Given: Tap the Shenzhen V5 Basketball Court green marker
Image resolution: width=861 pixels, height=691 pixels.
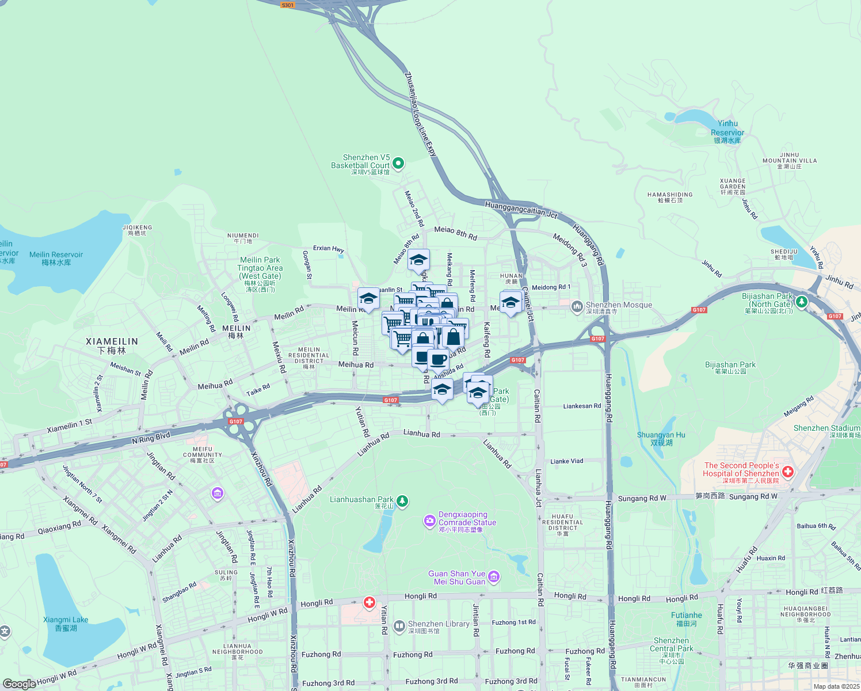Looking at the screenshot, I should coord(397,163).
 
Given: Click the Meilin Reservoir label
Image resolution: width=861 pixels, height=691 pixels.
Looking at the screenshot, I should coord(56,258).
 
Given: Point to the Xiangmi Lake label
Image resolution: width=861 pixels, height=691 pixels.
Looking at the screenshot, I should coord(66,624).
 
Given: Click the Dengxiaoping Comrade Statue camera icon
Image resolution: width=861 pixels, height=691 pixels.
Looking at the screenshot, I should coord(430,521).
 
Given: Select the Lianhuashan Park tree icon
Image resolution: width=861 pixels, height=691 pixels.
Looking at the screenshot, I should coord(402,501).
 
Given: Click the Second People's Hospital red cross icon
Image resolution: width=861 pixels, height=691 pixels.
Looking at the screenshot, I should coord(788,472).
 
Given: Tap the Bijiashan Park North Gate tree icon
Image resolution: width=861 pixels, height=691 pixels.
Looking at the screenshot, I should coord(801,301).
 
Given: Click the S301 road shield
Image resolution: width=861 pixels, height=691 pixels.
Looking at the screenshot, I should coord(287,5).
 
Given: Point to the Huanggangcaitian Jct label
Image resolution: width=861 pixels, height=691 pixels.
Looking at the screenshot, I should coord(521,209).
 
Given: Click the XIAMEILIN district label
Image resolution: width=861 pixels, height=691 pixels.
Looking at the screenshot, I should coord(112,345).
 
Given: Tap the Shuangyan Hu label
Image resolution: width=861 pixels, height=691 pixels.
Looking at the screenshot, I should coord(661,439).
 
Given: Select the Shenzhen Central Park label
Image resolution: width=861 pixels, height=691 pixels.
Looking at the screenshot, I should coord(671,648).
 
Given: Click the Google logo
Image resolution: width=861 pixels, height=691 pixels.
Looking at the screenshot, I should coord(20,684).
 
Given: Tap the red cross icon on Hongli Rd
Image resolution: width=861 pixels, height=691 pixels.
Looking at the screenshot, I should coord(369,603).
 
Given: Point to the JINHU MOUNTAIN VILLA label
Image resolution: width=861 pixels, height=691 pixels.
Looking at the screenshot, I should coord(789,160).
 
